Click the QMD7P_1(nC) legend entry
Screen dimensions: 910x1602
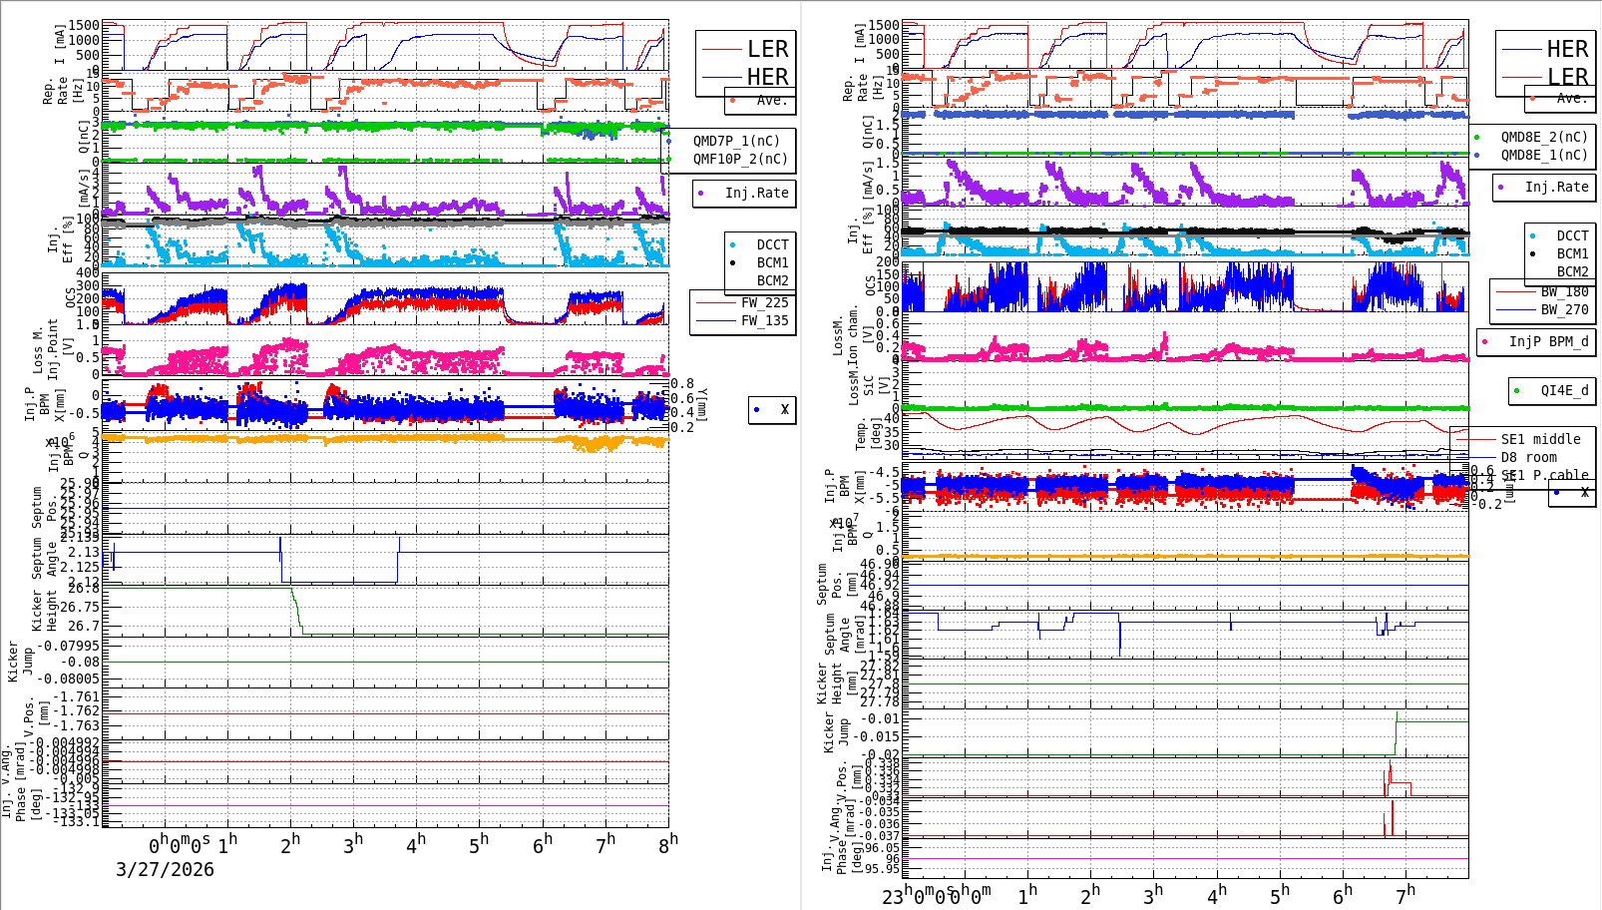(736, 141)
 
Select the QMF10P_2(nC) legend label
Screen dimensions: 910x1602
(739, 159)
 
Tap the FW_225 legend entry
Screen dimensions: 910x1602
(764, 302)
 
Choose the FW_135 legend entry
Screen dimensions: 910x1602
(764, 320)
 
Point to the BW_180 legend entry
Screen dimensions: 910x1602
(1564, 291)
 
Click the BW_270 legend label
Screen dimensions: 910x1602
(1564, 309)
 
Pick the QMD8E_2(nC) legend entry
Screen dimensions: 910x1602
(1543, 137)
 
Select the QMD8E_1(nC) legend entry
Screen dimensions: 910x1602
(1543, 155)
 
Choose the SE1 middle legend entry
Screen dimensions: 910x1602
(1540, 439)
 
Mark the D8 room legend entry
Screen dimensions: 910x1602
(1528, 457)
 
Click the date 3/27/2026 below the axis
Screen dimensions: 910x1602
(165, 869)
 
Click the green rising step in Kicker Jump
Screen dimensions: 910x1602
(1396, 734)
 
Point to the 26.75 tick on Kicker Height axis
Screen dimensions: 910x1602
(79, 607)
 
